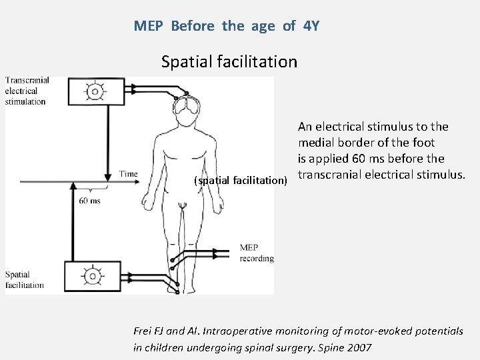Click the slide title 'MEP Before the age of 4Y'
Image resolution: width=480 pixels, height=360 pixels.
pos(227,26)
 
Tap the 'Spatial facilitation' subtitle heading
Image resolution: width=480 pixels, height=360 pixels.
pos(229,62)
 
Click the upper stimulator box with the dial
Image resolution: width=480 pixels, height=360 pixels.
pos(95,91)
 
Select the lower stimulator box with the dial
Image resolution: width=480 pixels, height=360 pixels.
pos(94,275)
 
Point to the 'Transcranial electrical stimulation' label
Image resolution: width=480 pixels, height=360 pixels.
pos(27,91)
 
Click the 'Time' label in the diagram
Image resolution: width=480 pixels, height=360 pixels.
pos(128,174)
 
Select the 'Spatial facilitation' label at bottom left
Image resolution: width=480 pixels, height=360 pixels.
pos(24,279)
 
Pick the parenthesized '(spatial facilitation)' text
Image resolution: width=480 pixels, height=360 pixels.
pos(240,180)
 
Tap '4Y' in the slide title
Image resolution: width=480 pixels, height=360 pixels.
pos(311,26)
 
